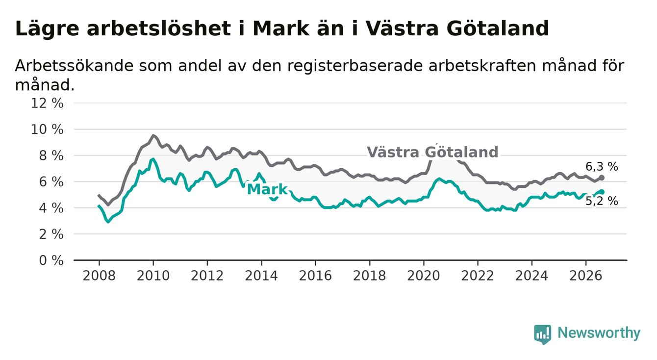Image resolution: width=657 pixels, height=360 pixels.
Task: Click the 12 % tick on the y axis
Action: [x=47, y=103]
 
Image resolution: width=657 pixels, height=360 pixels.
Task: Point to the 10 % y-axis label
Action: [x=47, y=129]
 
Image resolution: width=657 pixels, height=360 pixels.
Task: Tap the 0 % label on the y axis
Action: [x=51, y=260]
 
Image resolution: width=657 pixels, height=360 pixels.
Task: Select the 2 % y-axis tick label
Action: [x=51, y=234]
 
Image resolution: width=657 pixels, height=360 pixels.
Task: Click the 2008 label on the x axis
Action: [x=99, y=276]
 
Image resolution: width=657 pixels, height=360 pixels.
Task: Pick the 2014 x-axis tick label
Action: [x=261, y=276]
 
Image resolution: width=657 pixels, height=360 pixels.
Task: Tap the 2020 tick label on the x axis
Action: [x=424, y=276]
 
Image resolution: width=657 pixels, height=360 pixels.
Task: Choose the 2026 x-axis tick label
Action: [x=586, y=276]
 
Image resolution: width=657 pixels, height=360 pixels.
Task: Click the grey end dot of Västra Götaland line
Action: [x=602, y=178]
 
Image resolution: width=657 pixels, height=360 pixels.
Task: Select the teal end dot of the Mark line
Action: [x=602, y=192]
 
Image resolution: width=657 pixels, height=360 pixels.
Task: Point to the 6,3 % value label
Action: [x=602, y=167]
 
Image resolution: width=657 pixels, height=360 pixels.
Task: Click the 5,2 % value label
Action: [x=602, y=201]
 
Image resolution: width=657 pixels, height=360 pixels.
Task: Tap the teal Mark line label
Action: [x=268, y=189]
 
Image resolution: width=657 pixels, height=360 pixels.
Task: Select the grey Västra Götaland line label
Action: [x=432, y=152]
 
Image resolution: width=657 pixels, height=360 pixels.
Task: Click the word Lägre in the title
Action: [x=47, y=29]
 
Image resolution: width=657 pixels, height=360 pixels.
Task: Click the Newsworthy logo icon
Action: [x=543, y=334]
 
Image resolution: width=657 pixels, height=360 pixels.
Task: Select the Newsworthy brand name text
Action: [x=599, y=333]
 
